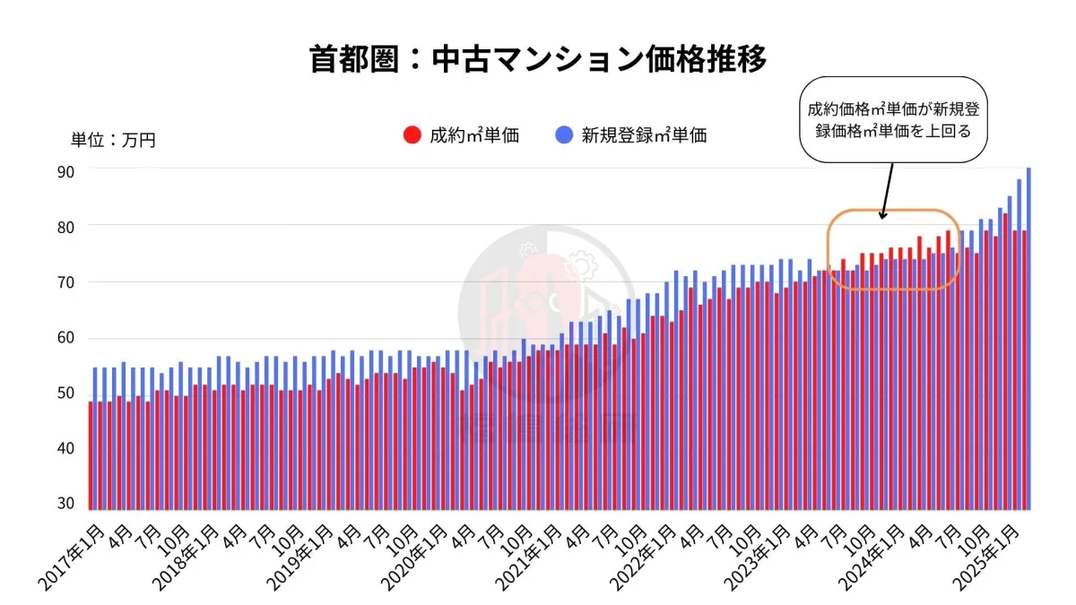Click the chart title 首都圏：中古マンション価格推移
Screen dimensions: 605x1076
click(x=537, y=60)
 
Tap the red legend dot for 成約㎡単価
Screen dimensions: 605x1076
click(x=412, y=135)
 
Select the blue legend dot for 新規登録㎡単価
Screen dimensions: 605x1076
click(x=563, y=135)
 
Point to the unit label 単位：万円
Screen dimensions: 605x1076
click(x=113, y=140)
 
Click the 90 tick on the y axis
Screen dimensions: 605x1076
click(x=65, y=169)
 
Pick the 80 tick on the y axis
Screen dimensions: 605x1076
click(x=65, y=226)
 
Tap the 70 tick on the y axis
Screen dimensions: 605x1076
click(x=65, y=282)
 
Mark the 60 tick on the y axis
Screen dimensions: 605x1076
click(x=65, y=339)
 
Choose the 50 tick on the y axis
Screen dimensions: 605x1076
click(x=65, y=395)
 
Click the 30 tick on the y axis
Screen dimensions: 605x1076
click(x=65, y=504)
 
